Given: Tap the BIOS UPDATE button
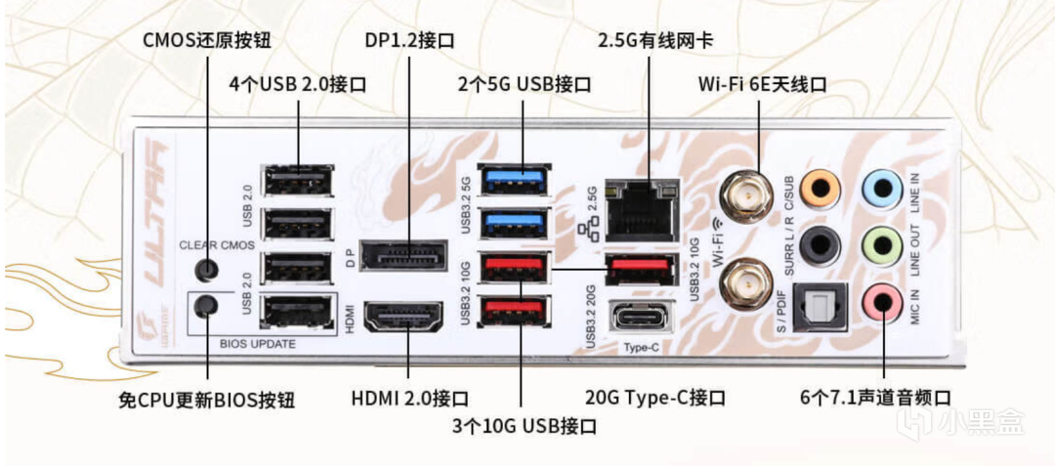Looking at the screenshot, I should (x=205, y=307).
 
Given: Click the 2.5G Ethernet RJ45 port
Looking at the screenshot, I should (x=642, y=211).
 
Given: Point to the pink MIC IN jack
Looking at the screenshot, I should (x=882, y=301).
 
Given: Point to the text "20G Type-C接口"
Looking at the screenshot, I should (x=655, y=399).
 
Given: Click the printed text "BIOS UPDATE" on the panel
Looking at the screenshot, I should (x=260, y=343).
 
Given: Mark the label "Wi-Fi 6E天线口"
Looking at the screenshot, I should (x=762, y=85).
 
